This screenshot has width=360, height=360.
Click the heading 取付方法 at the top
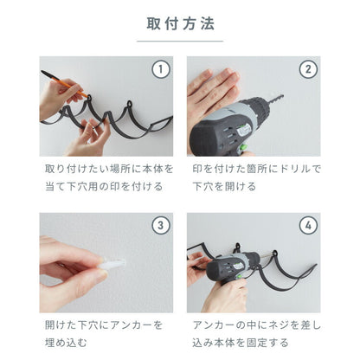coord(180,22)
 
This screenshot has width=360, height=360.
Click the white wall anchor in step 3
coord(116,260)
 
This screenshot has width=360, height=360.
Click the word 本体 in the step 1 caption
coord(151,169)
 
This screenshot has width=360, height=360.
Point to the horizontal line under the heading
coord(180,41)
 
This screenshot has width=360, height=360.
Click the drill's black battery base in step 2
coord(216,143)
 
